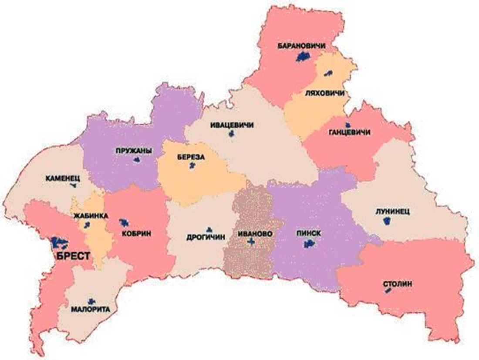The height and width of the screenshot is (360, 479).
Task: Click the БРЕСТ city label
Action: click(73, 256)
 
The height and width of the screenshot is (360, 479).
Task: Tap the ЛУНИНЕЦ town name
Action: click(392, 211)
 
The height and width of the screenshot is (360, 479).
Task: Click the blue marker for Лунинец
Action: click(386, 221)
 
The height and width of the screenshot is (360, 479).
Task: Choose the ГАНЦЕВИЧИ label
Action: click(350, 132)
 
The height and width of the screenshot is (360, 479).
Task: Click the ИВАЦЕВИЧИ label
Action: click(232, 125)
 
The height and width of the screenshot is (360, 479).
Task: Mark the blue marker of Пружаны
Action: click(137, 160)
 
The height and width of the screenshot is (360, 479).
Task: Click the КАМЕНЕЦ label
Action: click(63, 178)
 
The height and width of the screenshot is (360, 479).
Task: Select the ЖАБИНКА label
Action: click(88, 215)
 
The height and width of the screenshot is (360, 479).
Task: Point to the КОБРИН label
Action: click(137, 234)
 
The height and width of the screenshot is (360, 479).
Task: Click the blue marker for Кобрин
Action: click(124, 223)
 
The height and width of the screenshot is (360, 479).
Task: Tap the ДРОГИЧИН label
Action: click(206, 238)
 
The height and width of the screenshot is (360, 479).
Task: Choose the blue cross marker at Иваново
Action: click(250, 241)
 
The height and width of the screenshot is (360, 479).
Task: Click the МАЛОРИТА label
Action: click(91, 310)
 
